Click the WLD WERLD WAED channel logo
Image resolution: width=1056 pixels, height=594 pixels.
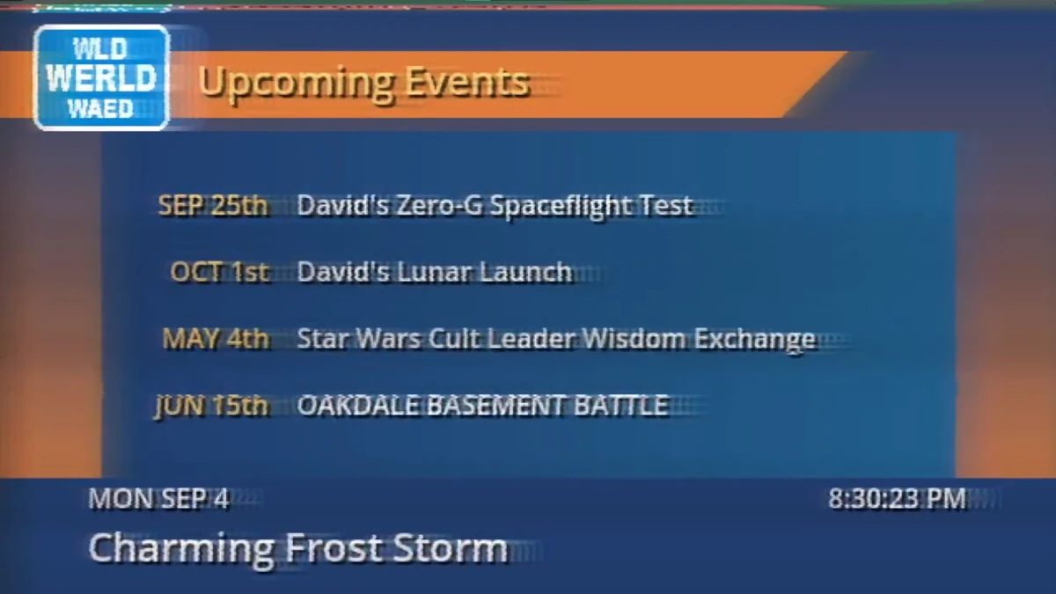(x=101, y=77)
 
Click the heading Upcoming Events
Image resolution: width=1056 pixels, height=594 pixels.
(x=363, y=83)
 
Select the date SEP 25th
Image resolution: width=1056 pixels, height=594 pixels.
(x=213, y=206)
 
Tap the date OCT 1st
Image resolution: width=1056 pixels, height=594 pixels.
(x=220, y=272)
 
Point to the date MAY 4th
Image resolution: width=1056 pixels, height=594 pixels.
(x=216, y=339)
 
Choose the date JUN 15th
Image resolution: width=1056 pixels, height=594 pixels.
(x=212, y=406)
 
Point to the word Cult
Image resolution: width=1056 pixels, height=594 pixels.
(x=474, y=339)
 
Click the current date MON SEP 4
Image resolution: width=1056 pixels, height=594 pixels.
(x=158, y=500)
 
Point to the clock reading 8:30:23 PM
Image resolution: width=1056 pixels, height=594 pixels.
(x=897, y=500)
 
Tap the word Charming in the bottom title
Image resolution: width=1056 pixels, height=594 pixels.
(x=181, y=549)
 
